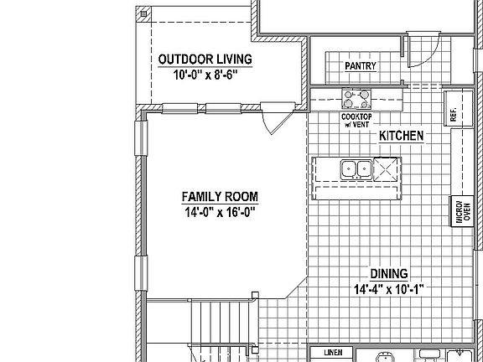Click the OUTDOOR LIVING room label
pos(205,59)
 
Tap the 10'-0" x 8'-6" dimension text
pos(205,75)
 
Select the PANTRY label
pos(361,66)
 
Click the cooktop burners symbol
pos(357,101)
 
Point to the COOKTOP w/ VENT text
pos(356,122)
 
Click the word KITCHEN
pos(401,135)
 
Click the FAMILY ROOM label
pos(220,197)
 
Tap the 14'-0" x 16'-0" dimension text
pos(219,212)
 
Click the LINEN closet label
pos(332,354)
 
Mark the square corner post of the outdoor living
pos(144,14)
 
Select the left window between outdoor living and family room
pos(179,107)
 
